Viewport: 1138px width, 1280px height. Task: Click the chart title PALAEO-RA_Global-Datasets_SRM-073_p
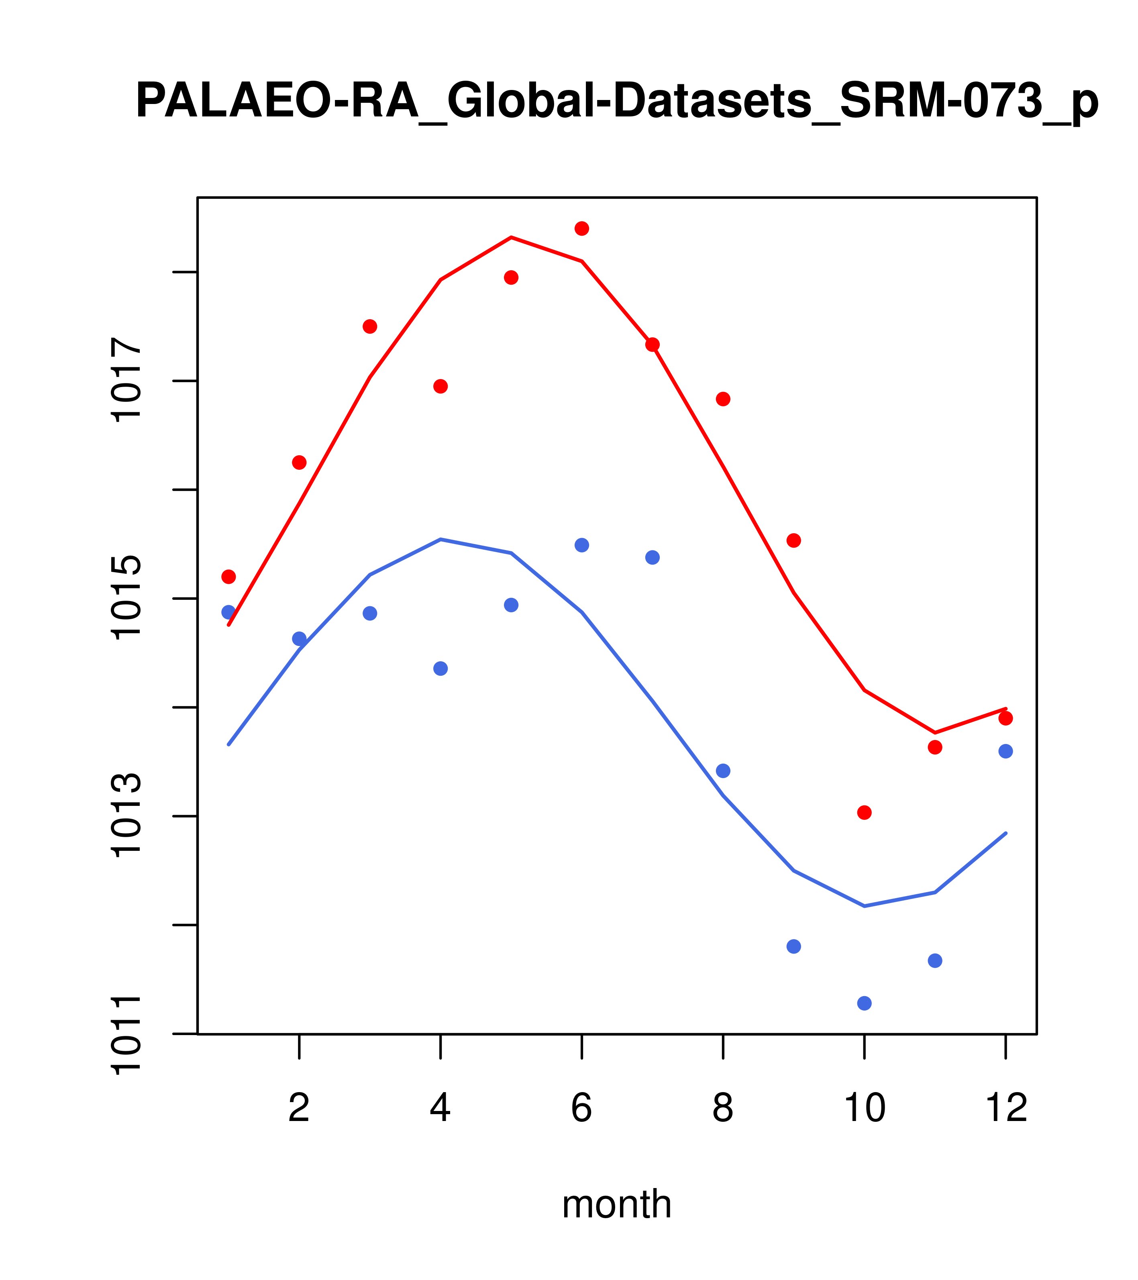click(617, 102)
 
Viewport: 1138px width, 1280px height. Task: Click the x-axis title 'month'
click(617, 1204)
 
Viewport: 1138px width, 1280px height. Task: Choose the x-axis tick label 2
click(300, 1109)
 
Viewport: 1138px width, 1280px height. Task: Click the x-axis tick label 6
click(582, 1109)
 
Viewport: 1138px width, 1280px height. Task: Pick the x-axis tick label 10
click(864, 1109)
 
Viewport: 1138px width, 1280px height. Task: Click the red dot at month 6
click(582, 228)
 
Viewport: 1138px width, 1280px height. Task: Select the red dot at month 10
click(864, 813)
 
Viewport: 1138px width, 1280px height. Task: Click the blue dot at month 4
click(441, 669)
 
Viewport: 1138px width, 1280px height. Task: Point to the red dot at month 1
click(228, 577)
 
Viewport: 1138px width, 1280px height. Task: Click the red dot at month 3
click(370, 327)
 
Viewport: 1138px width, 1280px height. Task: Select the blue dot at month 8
click(723, 771)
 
